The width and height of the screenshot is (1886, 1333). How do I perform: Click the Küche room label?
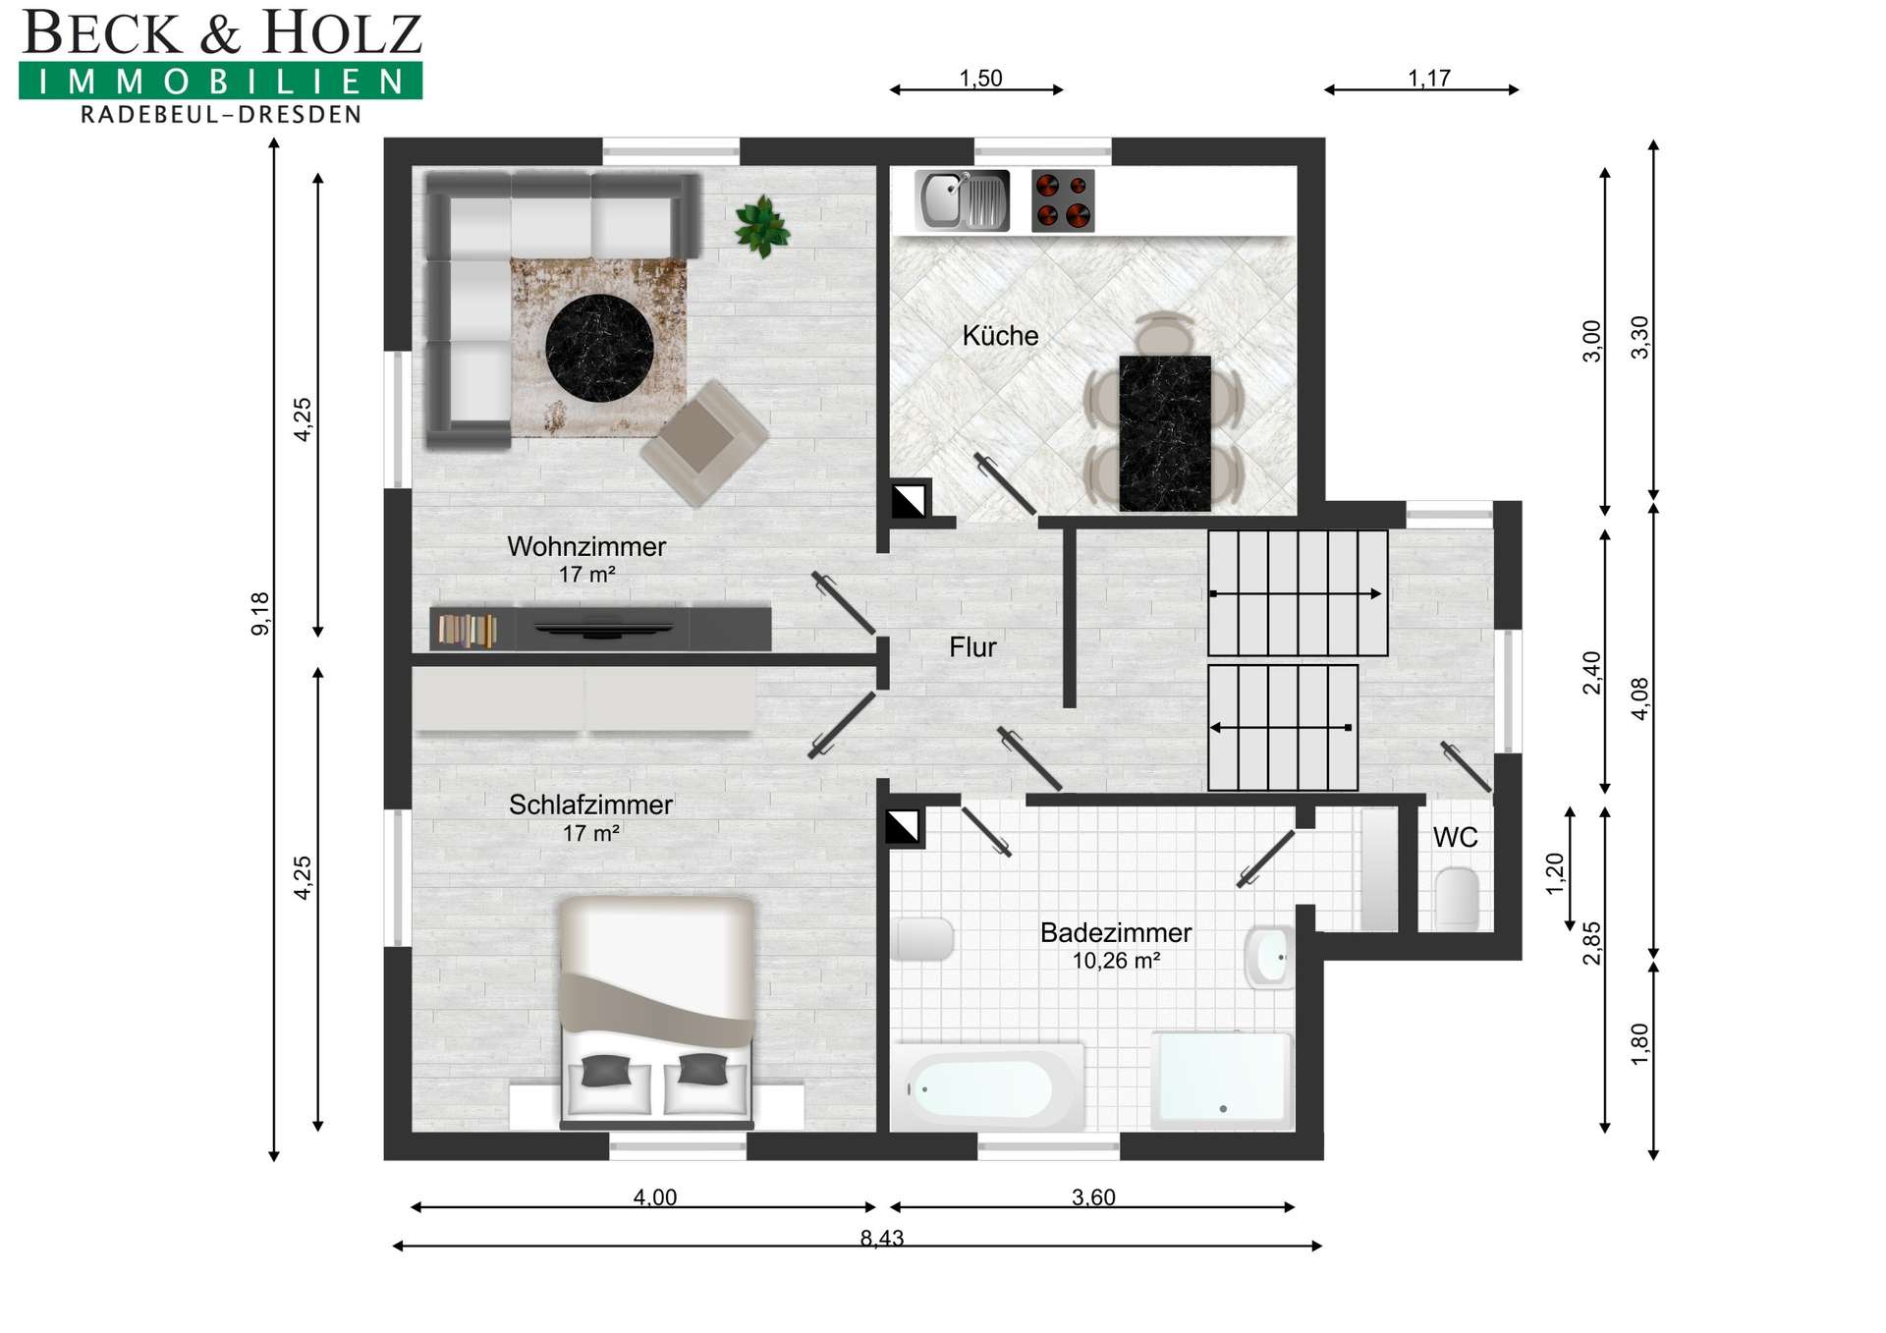pyautogui.click(x=1000, y=336)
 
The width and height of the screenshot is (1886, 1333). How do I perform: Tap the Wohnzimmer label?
pyautogui.click(x=586, y=546)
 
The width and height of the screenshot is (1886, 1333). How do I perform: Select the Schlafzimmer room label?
pyautogui.click(x=590, y=805)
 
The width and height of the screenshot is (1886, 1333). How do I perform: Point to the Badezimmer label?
pyautogui.click(x=1116, y=932)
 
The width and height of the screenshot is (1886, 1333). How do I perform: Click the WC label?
pyautogui.click(x=1455, y=837)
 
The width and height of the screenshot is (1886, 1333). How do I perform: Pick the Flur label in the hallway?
pyautogui.click(x=972, y=647)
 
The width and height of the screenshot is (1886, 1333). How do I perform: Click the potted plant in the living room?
pyautogui.click(x=762, y=226)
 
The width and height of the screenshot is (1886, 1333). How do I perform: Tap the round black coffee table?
pyautogui.click(x=599, y=348)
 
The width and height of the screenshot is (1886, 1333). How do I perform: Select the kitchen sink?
pyautogui.click(x=962, y=200)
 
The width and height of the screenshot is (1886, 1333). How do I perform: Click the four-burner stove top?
pyautogui.click(x=1063, y=200)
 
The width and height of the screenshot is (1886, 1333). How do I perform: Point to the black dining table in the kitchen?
pyautogui.click(x=1165, y=433)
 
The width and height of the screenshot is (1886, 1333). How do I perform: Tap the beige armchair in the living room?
pyautogui.click(x=704, y=443)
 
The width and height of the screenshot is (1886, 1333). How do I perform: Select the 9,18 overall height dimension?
pyautogui.click(x=260, y=614)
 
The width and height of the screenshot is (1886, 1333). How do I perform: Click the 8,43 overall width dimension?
pyautogui.click(x=882, y=1238)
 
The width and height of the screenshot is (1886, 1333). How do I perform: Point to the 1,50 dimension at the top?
pyautogui.click(x=980, y=78)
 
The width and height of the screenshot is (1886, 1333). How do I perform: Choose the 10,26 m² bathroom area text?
pyautogui.click(x=1116, y=961)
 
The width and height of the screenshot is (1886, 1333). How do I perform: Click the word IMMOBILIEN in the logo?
pyautogui.click(x=221, y=81)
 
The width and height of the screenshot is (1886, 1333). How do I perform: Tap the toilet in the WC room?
pyautogui.click(x=1457, y=898)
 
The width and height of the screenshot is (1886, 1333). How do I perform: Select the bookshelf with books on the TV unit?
pyautogui.click(x=467, y=630)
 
